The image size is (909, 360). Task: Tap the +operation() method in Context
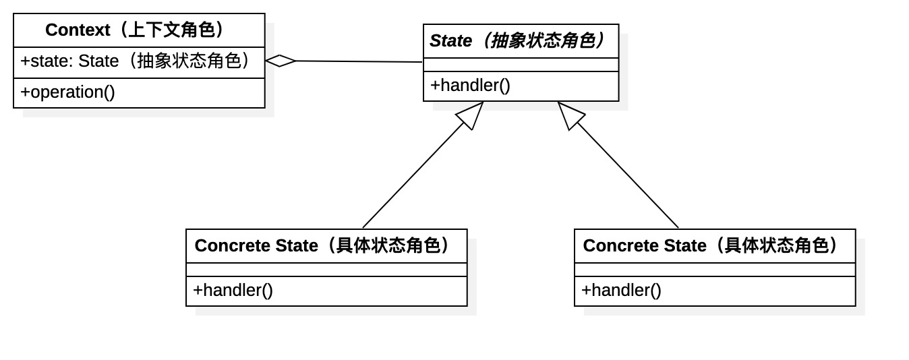coord(67,92)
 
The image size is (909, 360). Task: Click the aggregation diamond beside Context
coord(281,61)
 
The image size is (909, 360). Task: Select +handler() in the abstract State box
coord(470,86)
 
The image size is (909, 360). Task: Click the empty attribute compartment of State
coord(521,65)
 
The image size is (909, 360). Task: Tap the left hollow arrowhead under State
coord(471,114)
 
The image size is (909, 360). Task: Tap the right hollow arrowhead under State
coord(570,114)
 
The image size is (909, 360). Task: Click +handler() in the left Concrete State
coord(233,291)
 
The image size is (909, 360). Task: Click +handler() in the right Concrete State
coord(621,291)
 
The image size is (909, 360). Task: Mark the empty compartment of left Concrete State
coord(326,270)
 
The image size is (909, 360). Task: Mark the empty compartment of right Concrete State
coord(715,270)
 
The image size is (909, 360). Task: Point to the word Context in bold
coord(78,30)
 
